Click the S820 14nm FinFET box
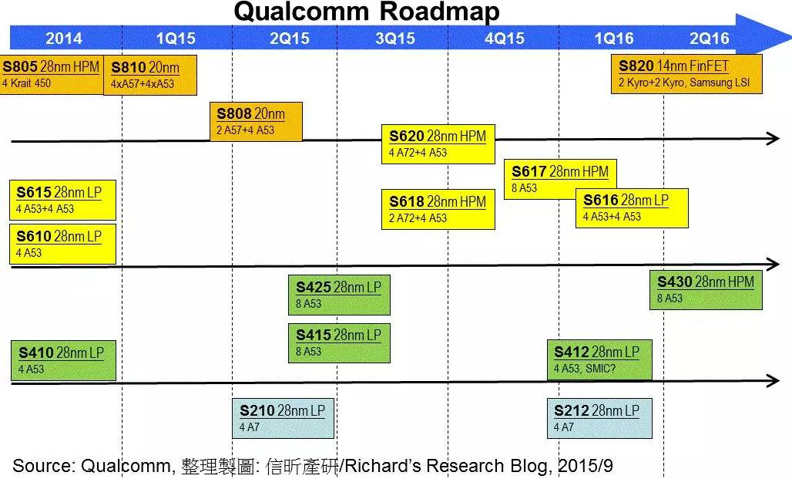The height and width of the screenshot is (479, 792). click(x=686, y=74)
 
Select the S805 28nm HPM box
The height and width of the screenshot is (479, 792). click(x=52, y=74)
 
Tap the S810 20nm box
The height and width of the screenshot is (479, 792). click(x=150, y=75)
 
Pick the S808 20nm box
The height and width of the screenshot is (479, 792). click(x=256, y=121)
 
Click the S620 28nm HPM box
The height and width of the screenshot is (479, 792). click(x=438, y=144)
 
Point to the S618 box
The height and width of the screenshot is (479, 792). click(x=438, y=209)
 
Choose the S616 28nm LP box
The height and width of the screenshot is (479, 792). click(x=632, y=208)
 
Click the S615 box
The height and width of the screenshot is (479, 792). click(x=62, y=200)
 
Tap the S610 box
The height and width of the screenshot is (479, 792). click(x=62, y=244)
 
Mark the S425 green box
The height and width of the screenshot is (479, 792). click(x=340, y=295)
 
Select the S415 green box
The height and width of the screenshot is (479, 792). click(x=340, y=343)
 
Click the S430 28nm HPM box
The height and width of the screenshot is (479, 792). click(x=706, y=290)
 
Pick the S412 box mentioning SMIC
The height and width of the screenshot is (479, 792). click(x=599, y=359)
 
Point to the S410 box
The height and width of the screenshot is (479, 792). click(x=64, y=361)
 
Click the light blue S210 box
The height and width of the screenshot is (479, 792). click(x=284, y=418)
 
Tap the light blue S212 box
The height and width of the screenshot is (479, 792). click(x=599, y=418)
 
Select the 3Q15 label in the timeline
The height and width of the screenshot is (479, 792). click(x=395, y=39)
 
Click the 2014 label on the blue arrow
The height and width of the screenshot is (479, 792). click(x=64, y=39)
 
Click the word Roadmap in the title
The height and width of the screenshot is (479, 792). click(x=439, y=12)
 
